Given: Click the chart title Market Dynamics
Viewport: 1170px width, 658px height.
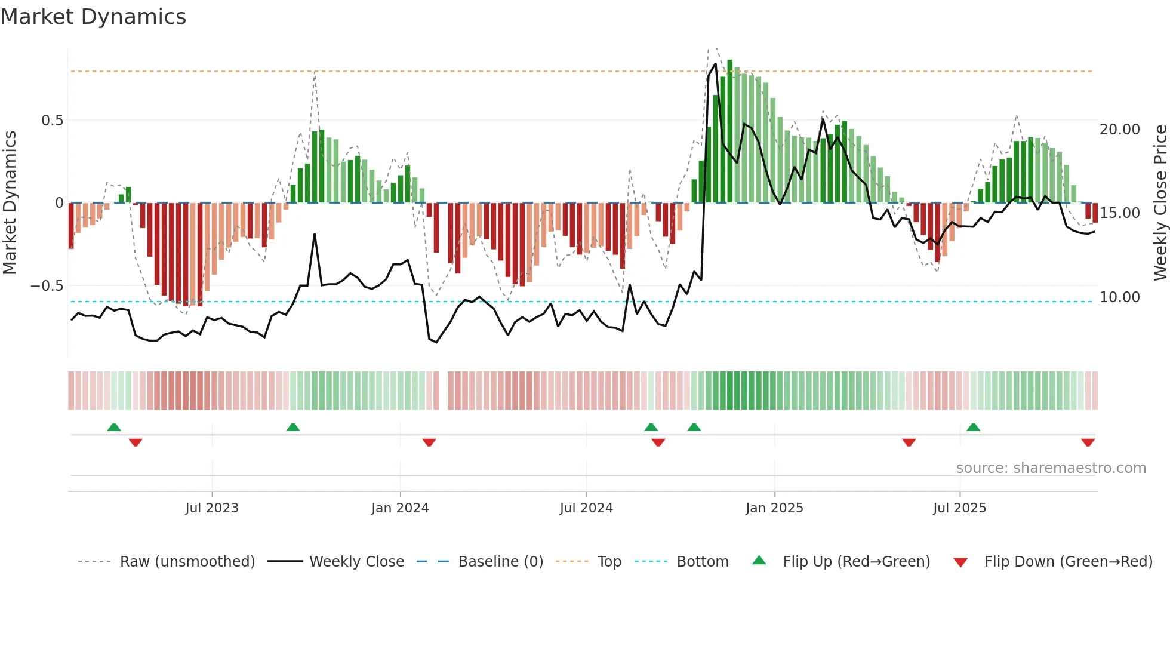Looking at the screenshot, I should pos(94,17).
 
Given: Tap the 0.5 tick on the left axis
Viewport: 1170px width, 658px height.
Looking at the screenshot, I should pos(52,121).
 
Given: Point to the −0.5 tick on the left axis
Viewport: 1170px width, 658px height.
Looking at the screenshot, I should pos(47,286).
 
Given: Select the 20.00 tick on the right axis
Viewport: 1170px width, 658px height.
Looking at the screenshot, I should pos(1119,130).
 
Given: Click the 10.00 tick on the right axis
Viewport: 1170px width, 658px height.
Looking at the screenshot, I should pos(1119,297).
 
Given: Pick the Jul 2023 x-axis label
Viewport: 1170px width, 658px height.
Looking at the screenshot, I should pos(212,508).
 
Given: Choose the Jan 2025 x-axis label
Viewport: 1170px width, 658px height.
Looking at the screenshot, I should pos(774,508).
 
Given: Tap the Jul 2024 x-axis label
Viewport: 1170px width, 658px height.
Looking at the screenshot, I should pos(586,508).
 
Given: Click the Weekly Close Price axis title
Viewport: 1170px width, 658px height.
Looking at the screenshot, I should pos(1160,202).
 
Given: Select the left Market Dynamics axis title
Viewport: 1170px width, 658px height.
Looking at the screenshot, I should pos(10,202).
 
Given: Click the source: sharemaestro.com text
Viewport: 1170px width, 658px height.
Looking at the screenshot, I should pos(1051,468).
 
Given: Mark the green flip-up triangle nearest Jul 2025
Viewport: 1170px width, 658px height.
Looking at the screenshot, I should pos(973,427).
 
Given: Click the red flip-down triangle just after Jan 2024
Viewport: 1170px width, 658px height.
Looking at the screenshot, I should pos(429,442).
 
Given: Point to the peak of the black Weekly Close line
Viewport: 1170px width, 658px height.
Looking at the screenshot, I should pos(715,64).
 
